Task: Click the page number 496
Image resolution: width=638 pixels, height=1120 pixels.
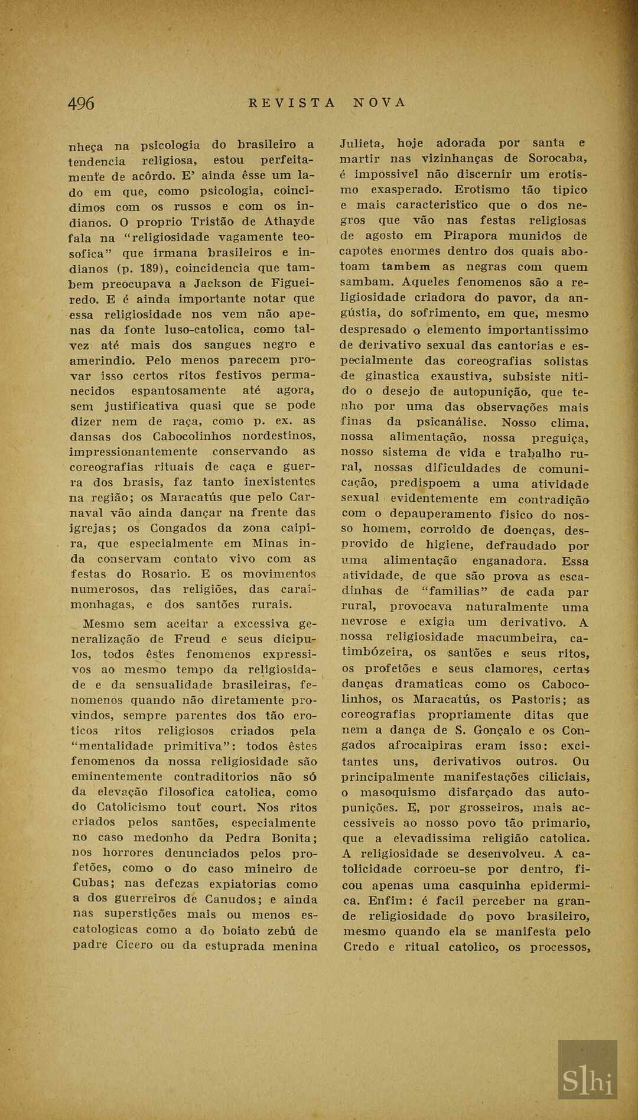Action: [81, 103]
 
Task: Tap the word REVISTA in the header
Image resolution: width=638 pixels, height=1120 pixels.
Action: [292, 103]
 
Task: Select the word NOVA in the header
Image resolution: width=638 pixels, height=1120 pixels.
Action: [380, 103]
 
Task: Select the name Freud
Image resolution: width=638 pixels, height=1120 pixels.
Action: [192, 639]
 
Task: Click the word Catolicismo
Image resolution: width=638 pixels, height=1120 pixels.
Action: [132, 807]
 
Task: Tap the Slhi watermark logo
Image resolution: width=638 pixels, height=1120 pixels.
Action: [587, 1081]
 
